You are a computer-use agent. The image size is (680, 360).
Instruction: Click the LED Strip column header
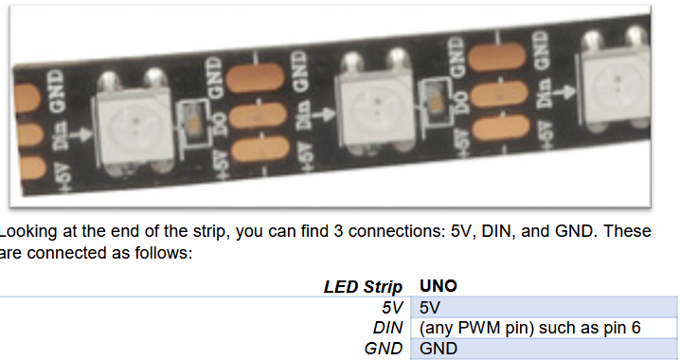coord(363,287)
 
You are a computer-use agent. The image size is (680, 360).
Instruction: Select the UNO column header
coord(438,286)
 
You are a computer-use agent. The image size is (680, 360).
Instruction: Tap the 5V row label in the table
coord(392,308)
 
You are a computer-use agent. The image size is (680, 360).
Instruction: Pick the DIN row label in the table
coord(387,328)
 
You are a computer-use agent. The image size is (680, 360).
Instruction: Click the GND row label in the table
coord(384,349)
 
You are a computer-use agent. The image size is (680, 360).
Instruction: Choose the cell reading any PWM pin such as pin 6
coord(529,328)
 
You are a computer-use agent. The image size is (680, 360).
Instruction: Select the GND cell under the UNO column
coord(438,349)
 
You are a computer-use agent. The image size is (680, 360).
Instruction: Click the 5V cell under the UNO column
coord(429,308)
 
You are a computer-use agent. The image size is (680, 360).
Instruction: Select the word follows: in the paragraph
coord(164,252)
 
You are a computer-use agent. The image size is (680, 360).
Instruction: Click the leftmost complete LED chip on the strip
coord(133,123)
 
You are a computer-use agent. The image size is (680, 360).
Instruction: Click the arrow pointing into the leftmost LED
coord(81,135)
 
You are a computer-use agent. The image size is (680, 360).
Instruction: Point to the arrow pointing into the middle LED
coord(324,115)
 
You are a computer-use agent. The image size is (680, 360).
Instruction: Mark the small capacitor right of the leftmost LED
coord(194,127)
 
